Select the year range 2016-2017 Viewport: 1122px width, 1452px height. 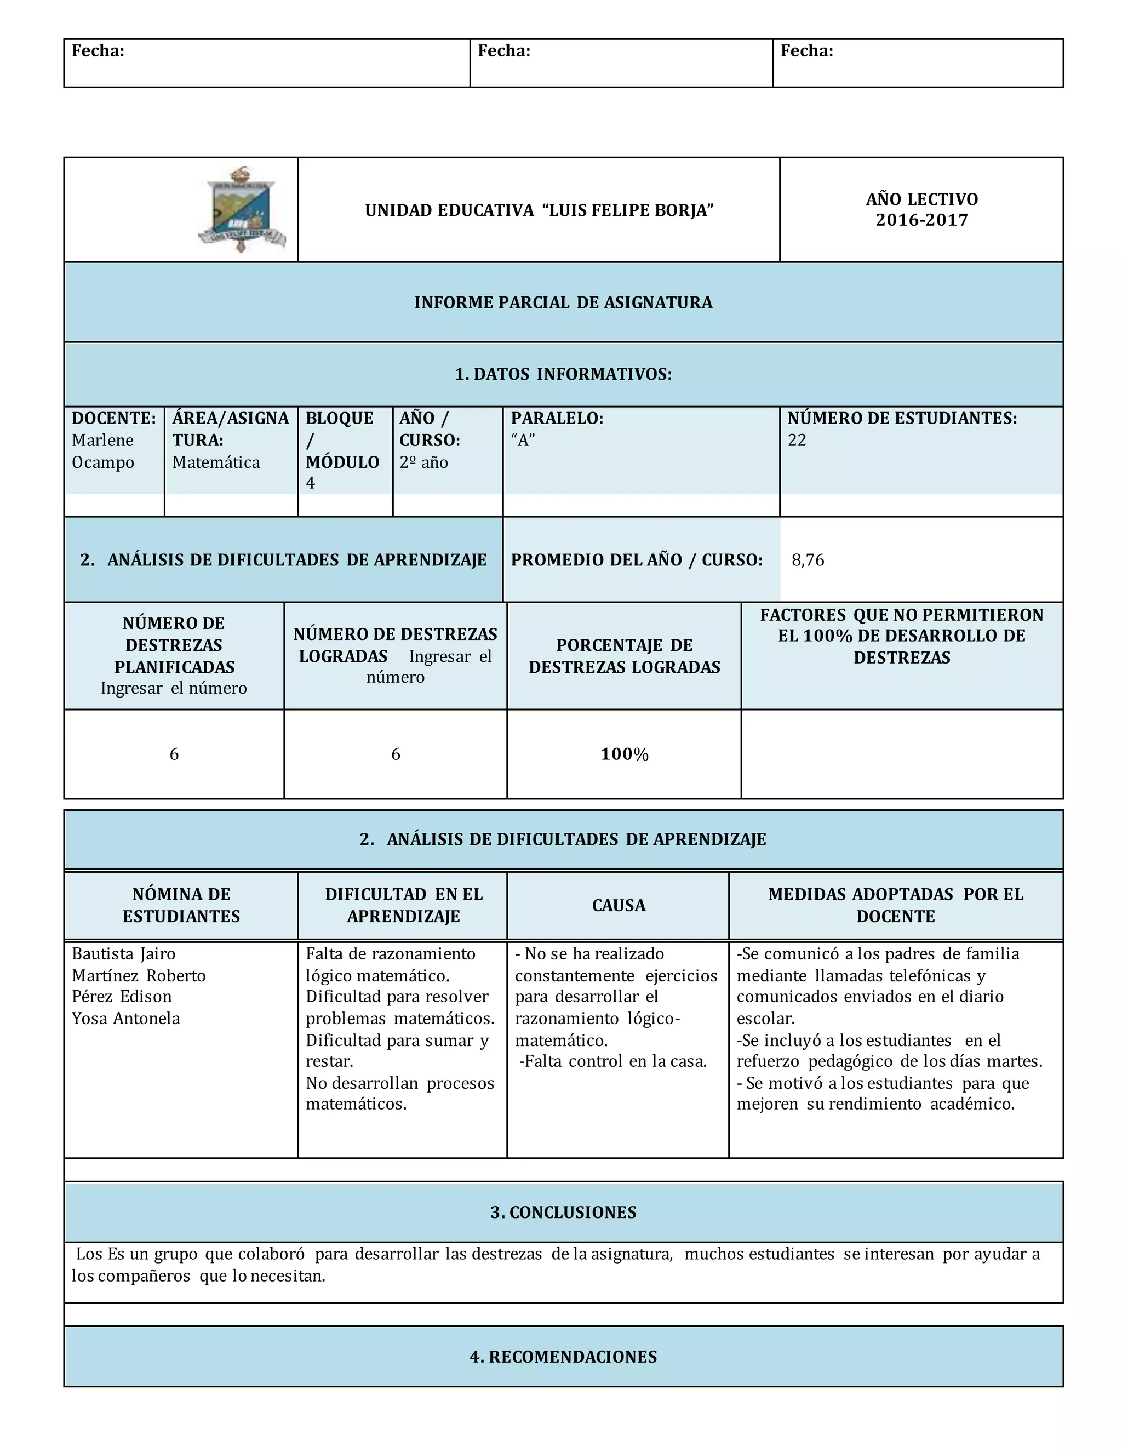[921, 220]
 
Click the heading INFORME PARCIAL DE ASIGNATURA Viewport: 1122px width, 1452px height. [563, 302]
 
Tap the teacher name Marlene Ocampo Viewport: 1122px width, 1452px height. [103, 451]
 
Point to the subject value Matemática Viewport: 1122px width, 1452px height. [216, 462]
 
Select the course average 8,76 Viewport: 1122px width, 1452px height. [808, 560]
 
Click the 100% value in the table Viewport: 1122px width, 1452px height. [624, 754]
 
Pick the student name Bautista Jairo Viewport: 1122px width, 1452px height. [124, 954]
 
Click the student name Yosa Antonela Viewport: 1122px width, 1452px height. [125, 1019]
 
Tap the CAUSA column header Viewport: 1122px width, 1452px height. [618, 906]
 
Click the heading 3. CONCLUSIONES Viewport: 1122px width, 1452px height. [563, 1212]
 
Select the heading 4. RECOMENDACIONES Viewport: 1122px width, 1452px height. [563, 1357]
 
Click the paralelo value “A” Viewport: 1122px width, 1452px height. [523, 440]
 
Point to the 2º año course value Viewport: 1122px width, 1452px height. [423, 462]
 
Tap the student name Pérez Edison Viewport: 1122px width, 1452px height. [122, 997]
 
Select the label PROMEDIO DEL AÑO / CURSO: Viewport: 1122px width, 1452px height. [636, 560]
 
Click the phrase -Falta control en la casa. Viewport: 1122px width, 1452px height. [613, 1061]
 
